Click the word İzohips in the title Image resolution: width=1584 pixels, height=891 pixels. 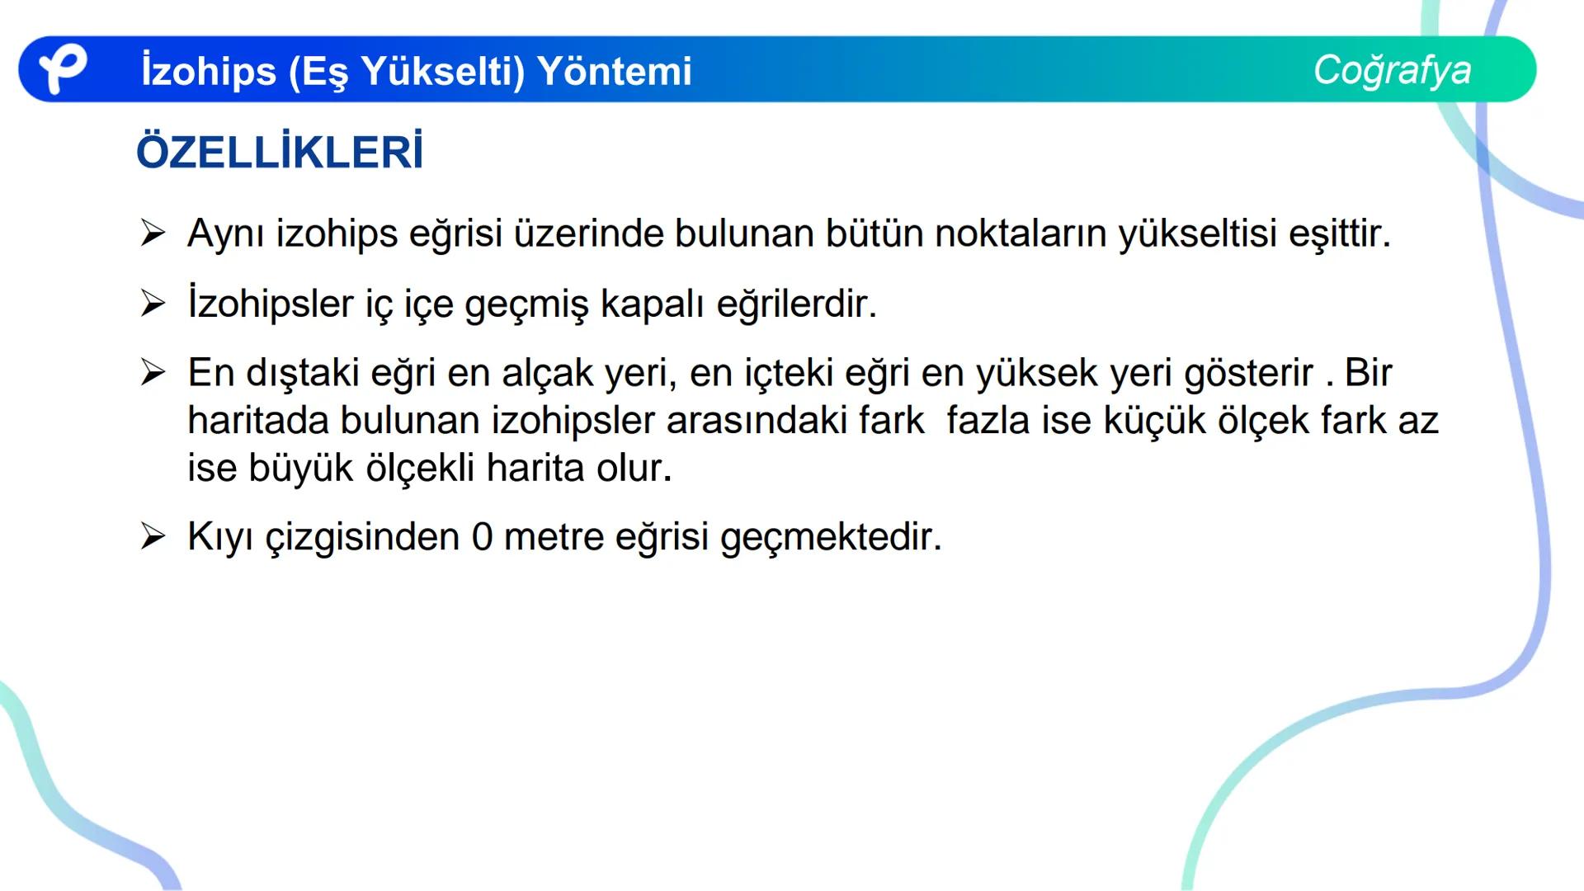(208, 71)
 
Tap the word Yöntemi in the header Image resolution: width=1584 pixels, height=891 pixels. (615, 71)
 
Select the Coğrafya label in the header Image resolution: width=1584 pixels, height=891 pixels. (1392, 70)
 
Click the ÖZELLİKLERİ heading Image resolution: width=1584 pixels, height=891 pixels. (280, 153)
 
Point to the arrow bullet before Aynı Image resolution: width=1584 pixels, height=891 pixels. (153, 233)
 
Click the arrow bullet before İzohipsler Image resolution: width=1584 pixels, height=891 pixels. (153, 304)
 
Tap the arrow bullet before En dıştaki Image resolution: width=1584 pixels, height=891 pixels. (153, 373)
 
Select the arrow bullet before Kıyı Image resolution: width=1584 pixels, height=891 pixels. (153, 537)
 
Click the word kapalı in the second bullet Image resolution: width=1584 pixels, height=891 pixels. (652, 304)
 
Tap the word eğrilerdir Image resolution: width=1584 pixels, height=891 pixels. (796, 304)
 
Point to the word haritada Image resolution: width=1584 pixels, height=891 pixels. (258, 421)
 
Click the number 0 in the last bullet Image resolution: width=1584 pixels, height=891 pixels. (482, 537)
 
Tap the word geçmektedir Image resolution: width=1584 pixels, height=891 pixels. (830, 537)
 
